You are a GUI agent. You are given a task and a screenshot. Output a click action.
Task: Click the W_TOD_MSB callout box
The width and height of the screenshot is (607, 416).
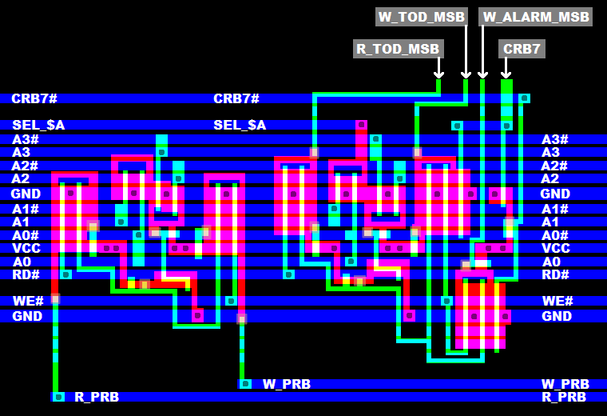tap(422, 17)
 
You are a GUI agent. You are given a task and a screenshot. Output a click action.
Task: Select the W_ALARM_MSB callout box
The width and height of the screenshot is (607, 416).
tap(535, 17)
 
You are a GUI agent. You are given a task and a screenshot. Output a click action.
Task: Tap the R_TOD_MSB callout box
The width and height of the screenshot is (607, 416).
tap(398, 49)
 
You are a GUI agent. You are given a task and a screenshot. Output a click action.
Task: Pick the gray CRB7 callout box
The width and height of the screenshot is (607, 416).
tap(522, 49)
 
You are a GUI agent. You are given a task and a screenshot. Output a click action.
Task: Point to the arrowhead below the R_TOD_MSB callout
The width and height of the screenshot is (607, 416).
tap(438, 74)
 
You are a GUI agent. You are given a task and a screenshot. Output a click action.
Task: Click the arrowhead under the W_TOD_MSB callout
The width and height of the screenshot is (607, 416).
tap(466, 74)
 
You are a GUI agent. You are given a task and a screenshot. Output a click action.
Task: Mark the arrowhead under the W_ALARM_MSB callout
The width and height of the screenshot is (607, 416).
tap(482, 74)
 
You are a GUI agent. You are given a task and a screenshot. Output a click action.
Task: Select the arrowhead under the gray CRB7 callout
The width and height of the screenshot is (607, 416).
tap(506, 74)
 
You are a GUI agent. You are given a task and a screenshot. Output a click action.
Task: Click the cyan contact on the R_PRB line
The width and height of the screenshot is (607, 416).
tap(58, 397)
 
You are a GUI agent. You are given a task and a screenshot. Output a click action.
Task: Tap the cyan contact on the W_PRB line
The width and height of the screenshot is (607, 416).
tap(246, 384)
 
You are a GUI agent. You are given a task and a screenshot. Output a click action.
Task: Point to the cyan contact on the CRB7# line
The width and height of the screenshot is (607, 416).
tap(524, 98)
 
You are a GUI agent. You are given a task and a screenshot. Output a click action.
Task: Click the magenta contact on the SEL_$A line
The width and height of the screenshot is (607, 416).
tap(361, 125)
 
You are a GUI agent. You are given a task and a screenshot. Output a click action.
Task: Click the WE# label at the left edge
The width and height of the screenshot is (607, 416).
tap(24, 301)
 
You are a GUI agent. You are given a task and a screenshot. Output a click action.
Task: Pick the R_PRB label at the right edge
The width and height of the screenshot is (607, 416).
tap(565, 397)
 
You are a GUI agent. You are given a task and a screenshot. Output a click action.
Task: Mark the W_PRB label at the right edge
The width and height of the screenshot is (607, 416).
tap(565, 384)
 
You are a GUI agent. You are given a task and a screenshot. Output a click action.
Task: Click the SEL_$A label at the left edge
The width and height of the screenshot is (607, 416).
tap(38, 125)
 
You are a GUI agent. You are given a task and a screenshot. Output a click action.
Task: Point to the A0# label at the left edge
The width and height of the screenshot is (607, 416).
tap(26, 235)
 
